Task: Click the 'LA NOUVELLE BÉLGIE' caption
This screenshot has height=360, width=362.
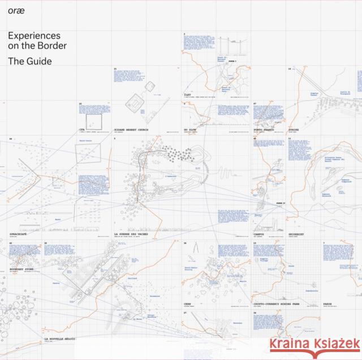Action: [x=63, y=338]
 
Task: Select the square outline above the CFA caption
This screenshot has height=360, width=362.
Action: [x=94, y=120]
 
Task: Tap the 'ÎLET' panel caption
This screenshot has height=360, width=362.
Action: [x=188, y=95]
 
